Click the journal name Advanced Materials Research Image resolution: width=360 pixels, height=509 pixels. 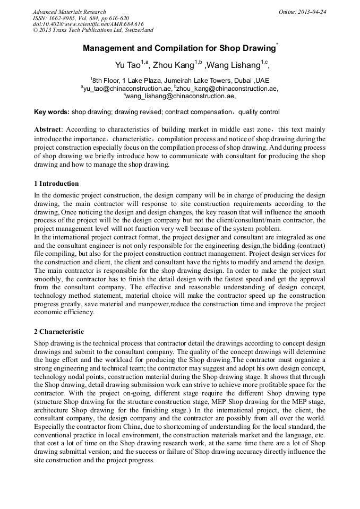click(69, 12)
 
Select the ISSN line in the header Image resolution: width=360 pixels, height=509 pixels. click(81, 18)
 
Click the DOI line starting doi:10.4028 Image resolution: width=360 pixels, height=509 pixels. click(88, 24)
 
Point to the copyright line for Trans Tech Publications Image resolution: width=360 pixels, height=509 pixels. click(93, 30)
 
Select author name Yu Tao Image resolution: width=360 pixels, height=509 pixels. click(127, 66)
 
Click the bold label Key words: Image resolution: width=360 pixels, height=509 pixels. click(52, 113)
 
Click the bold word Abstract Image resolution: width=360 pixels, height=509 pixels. click(47, 130)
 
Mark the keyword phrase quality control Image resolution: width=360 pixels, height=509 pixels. click(259, 113)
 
